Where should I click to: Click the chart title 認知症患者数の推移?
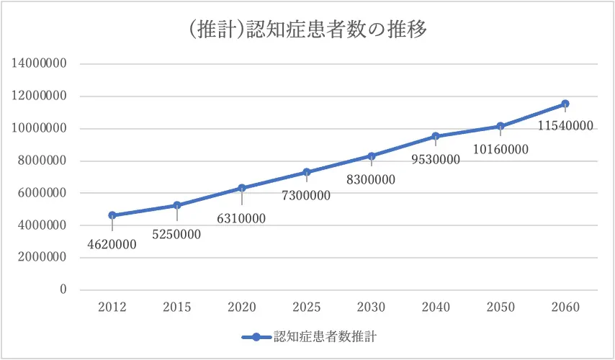pyautogui.click(x=307, y=30)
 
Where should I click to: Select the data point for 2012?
pyautogui.click(x=112, y=215)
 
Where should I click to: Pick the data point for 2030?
pyautogui.click(x=371, y=156)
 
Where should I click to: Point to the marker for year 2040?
pyautogui.click(x=436, y=136)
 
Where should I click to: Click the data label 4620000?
pyautogui.click(x=112, y=245)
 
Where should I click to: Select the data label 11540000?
pyautogui.click(x=565, y=126)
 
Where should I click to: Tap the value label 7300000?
pyautogui.click(x=306, y=196)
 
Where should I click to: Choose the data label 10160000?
pyautogui.click(x=500, y=150)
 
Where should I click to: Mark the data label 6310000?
pyautogui.click(x=241, y=218)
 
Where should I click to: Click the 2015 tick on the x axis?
pyautogui.click(x=176, y=307)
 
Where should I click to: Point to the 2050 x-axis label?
pyautogui.click(x=500, y=307)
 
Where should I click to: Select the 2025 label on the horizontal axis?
pyautogui.click(x=306, y=307)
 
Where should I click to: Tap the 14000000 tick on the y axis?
pyautogui.click(x=39, y=64)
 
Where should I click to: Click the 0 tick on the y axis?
pyautogui.click(x=63, y=289)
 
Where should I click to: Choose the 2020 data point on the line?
pyautogui.click(x=241, y=188)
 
